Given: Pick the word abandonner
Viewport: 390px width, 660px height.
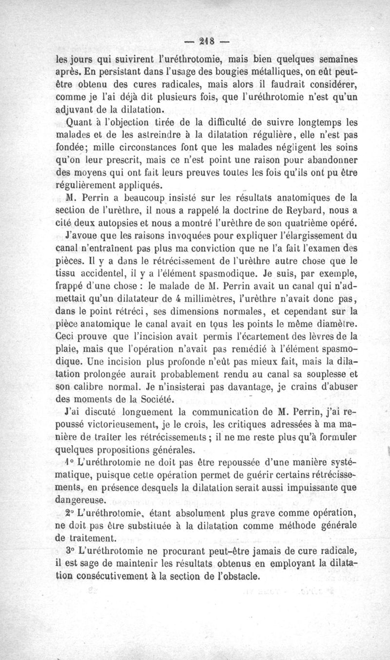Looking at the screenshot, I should tap(327, 160).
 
